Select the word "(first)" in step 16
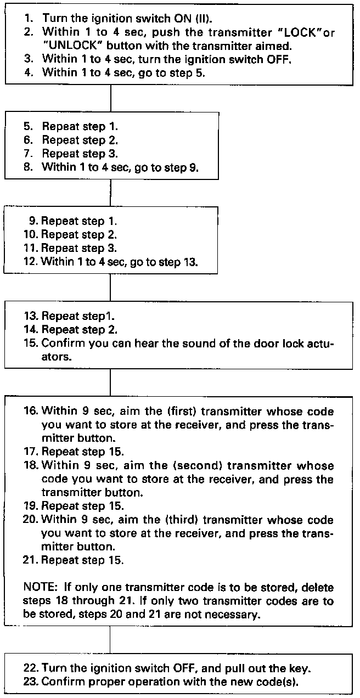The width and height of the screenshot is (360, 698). pyautogui.click(x=160, y=411)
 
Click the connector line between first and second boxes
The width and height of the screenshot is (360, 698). pyautogui.click(x=111, y=98)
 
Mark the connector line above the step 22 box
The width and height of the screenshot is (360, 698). pyautogui.click(x=111, y=640)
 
